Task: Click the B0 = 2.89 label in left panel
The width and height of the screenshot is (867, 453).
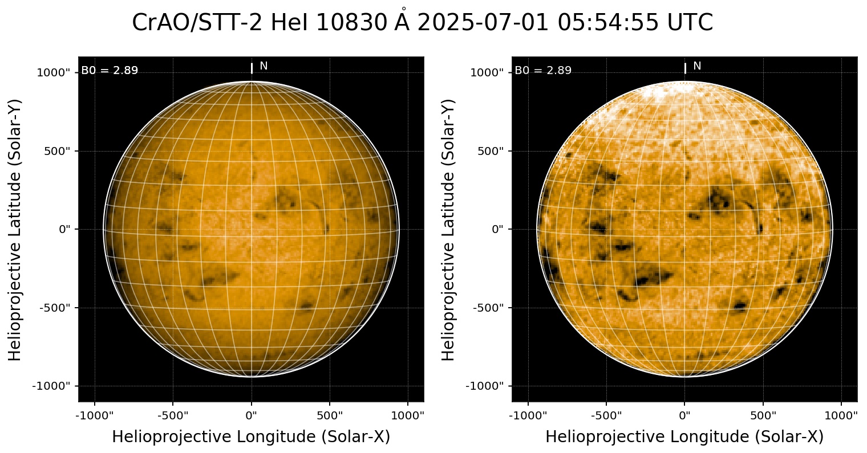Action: [110, 71]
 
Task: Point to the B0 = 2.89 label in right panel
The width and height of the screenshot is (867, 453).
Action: [543, 71]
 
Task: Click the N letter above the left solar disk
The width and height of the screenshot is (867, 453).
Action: [264, 66]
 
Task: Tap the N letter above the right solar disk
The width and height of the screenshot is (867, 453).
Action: [697, 66]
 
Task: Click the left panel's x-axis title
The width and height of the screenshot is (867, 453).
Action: [251, 437]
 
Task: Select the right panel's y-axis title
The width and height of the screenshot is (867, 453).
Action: [449, 229]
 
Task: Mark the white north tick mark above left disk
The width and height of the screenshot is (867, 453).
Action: [252, 68]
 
